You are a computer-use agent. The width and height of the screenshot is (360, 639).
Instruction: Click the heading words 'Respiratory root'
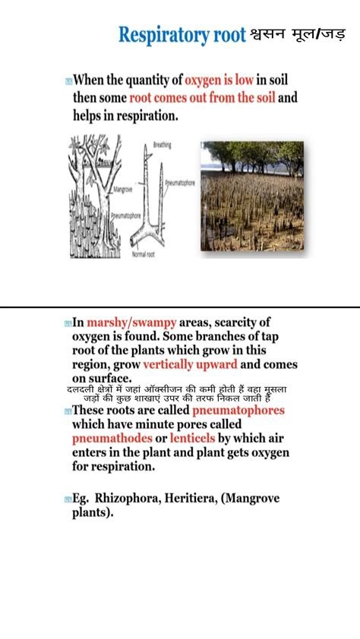point(182,35)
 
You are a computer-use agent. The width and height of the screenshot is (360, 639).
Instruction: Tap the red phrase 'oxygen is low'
point(229,80)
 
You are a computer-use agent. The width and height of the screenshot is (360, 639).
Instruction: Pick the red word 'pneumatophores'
point(238,411)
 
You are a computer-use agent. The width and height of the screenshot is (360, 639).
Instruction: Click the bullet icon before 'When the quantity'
point(68,80)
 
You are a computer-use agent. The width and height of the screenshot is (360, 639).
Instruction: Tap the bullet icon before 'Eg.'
point(68,499)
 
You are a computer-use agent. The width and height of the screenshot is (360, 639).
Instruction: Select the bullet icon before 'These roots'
point(68,411)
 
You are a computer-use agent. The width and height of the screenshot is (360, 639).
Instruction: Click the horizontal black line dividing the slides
point(180,307)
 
